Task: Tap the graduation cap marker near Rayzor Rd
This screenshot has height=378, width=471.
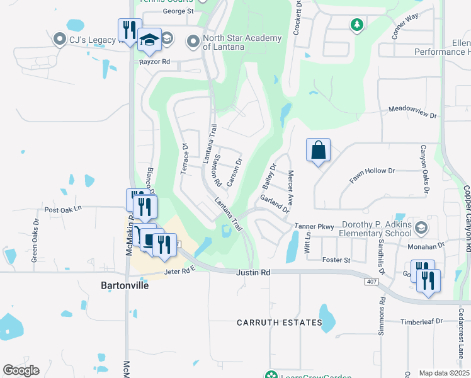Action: click(x=149, y=41)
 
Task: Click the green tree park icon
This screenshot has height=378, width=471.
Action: click(x=357, y=25)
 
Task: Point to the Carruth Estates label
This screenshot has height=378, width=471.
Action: click(x=280, y=323)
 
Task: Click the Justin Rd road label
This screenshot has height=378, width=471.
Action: click(x=253, y=273)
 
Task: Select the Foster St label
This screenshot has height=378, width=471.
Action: click(x=336, y=260)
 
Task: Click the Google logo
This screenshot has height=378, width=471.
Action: click(x=21, y=370)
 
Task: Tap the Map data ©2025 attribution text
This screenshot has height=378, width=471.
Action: click(x=444, y=373)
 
